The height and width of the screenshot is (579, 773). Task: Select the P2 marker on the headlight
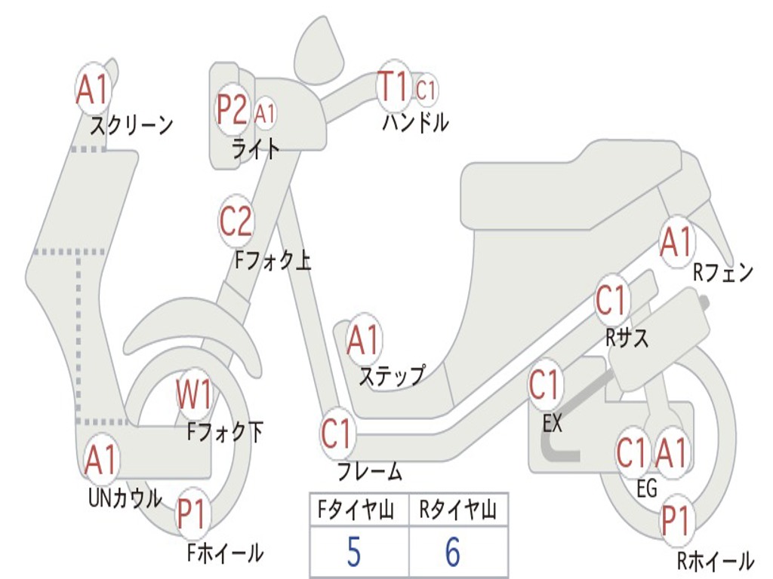[x=231, y=110]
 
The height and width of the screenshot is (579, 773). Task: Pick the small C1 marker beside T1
[x=426, y=90]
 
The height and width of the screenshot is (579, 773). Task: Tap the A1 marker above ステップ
[x=363, y=342]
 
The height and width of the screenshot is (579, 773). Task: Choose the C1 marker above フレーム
[x=337, y=434]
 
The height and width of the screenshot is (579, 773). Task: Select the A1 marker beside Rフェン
[x=676, y=242]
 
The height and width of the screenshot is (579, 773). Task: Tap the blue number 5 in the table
[x=353, y=553]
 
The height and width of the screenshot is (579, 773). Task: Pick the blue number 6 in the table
[x=453, y=553]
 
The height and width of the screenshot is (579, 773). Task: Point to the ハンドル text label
[x=415, y=122]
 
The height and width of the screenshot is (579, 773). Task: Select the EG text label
[x=647, y=489]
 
